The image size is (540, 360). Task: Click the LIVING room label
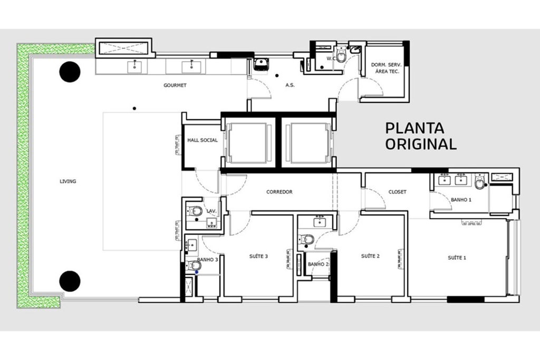pyautogui.click(x=68, y=181)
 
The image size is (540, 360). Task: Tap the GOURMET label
pyautogui.click(x=175, y=85)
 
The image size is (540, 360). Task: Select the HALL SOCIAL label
pyautogui.click(x=202, y=140)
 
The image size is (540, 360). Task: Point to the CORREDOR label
pyautogui.click(x=279, y=192)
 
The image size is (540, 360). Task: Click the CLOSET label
pyautogui.click(x=398, y=192)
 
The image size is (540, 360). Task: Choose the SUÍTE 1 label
pyautogui.click(x=457, y=257)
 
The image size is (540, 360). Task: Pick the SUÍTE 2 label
pyautogui.click(x=370, y=256)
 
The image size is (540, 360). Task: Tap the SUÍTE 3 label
pyautogui.click(x=258, y=256)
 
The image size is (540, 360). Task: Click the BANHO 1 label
pyautogui.click(x=461, y=200)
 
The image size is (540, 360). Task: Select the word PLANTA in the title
pyautogui.click(x=414, y=128)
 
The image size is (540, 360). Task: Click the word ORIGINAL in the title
pyautogui.click(x=421, y=144)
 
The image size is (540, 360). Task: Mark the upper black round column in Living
pyautogui.click(x=70, y=72)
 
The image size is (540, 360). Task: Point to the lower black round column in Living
pyautogui.click(x=70, y=281)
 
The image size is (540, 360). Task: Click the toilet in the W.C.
pyautogui.click(x=341, y=55)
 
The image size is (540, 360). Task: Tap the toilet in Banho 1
pyautogui.click(x=479, y=181)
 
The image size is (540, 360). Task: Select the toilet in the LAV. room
pyautogui.click(x=195, y=210)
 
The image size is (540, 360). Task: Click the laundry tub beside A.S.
pyautogui.click(x=262, y=64)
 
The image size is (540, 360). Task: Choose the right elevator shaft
pyautogui.click(x=308, y=143)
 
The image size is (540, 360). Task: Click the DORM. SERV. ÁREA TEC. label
pyautogui.click(x=386, y=68)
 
